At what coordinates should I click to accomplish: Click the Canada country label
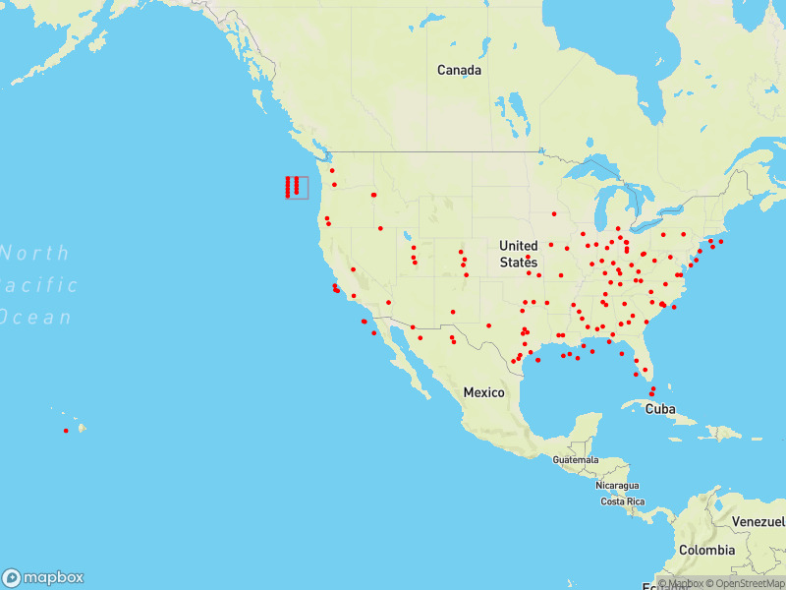[x=459, y=71]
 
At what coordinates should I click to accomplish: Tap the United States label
[x=518, y=254]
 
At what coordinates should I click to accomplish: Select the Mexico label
[x=483, y=392]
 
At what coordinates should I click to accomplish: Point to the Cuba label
[x=660, y=408]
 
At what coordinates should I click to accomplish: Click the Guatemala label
[x=575, y=460]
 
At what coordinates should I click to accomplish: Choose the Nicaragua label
[x=617, y=486]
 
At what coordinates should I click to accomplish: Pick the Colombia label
[x=705, y=550]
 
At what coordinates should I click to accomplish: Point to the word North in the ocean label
[x=35, y=254]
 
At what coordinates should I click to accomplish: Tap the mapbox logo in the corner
[x=43, y=577]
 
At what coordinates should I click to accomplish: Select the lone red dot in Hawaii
[x=66, y=431]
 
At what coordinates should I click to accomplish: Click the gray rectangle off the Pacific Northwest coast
[x=297, y=187]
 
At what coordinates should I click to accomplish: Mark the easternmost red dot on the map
[x=720, y=241]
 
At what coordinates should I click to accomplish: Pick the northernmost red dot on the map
[x=332, y=170]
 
